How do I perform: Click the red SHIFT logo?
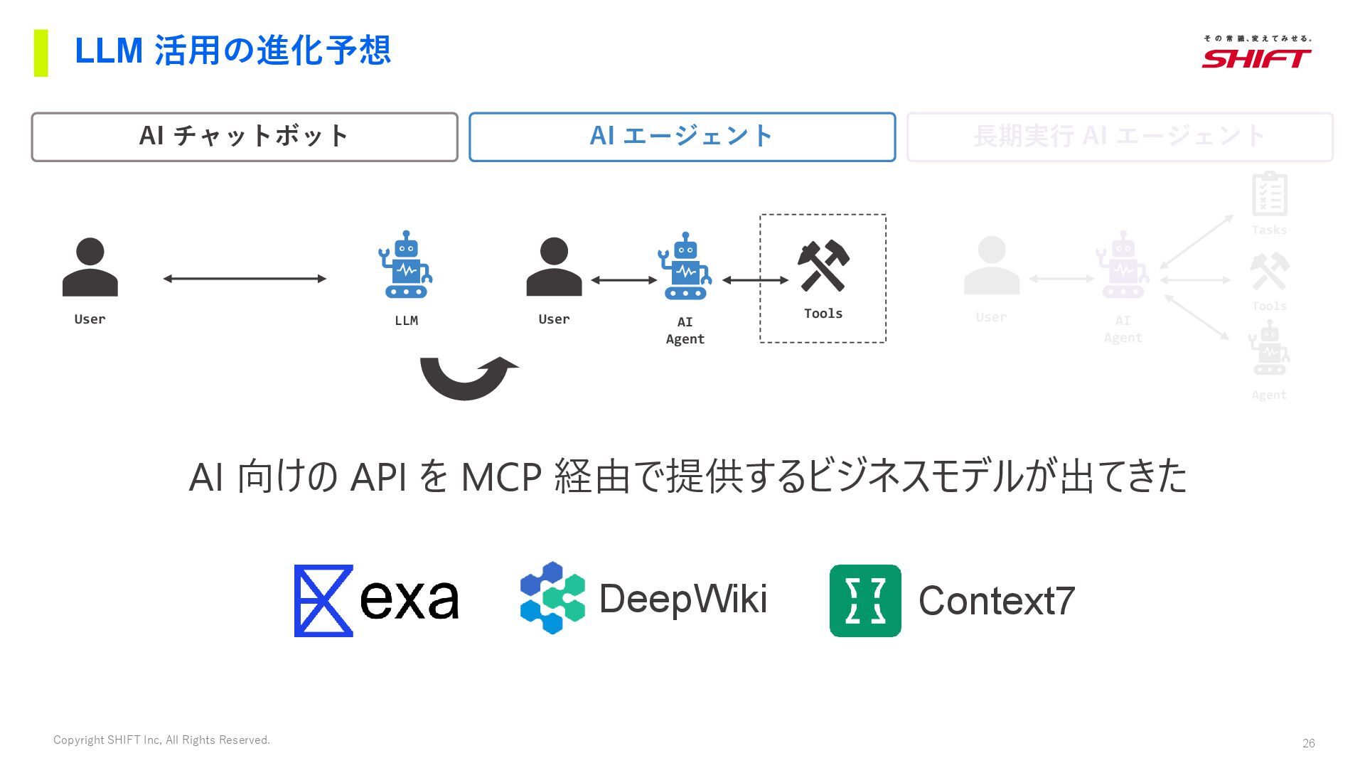[1256, 58]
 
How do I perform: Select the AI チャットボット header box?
[245, 137]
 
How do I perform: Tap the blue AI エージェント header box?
[682, 137]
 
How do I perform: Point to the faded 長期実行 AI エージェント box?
[1120, 137]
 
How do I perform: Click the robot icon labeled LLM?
[405, 265]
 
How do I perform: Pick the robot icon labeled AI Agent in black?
[685, 267]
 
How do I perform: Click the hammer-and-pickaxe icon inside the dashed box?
[823, 265]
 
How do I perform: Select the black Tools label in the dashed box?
[823, 314]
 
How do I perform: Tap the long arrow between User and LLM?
[245, 279]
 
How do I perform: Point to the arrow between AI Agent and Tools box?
[755, 280]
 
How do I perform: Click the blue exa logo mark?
[323, 601]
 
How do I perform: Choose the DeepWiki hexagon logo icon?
[552, 598]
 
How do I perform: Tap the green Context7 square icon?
[865, 601]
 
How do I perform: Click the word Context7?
[996, 601]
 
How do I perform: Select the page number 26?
[1308, 743]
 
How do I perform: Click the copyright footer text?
[161, 740]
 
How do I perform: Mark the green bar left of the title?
[41, 53]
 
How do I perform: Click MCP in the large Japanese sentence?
[501, 476]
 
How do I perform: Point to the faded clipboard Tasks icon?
[1269, 194]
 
